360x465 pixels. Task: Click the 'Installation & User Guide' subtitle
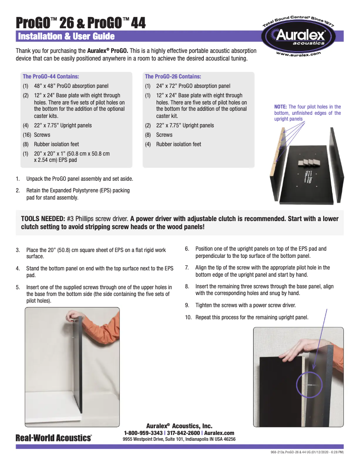pos(66,36)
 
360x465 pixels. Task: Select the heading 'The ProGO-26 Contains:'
pos(173,77)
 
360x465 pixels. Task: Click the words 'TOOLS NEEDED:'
pos(43,219)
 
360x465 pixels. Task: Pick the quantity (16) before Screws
pos(27,135)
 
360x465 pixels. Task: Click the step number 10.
pos(189,317)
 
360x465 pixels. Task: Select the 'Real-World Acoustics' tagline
pos(54,438)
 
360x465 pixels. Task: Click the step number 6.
pos(187,248)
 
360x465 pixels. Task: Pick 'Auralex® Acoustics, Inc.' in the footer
pos(179,426)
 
